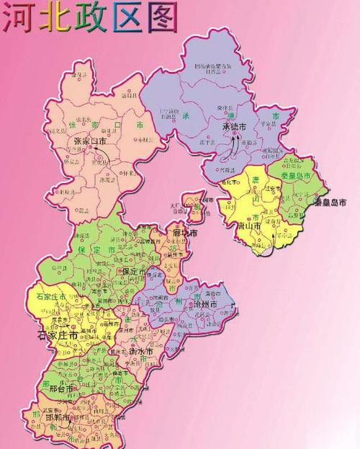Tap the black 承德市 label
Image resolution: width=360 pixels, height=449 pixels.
point(233,127)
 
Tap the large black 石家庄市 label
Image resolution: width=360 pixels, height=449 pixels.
point(57,335)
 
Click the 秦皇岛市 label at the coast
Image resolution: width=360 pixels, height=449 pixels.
point(332,203)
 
